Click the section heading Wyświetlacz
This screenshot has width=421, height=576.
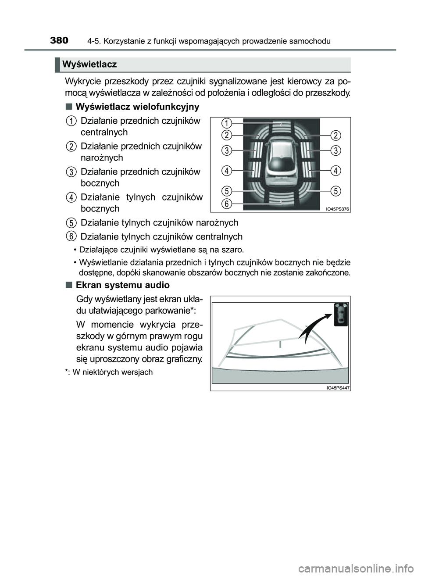(x=89, y=64)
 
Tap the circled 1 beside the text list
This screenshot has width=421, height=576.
(x=71, y=121)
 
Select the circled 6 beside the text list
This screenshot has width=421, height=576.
(x=71, y=236)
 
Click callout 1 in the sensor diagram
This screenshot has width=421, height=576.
(x=226, y=122)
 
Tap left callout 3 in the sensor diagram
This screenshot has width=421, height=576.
(x=226, y=150)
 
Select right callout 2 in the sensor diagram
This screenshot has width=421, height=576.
(x=335, y=134)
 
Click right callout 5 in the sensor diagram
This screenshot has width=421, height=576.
(x=335, y=191)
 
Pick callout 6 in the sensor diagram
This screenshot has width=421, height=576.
(x=226, y=204)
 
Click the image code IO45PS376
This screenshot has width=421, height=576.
(x=337, y=209)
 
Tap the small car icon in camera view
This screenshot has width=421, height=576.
(x=341, y=314)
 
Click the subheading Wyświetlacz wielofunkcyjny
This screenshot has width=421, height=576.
(x=137, y=107)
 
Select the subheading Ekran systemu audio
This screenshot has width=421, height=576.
(x=122, y=285)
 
